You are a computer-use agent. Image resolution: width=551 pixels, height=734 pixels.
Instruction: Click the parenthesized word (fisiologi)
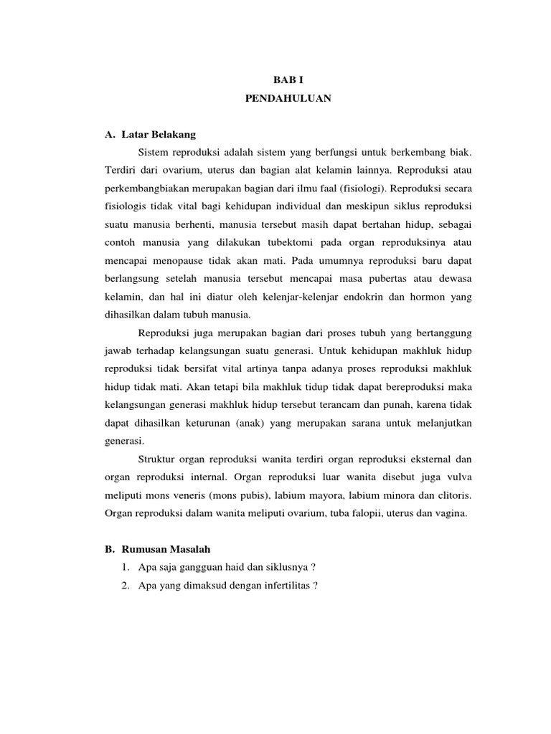pos(338,189)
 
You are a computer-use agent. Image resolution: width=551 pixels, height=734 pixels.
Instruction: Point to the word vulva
pos(458,477)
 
